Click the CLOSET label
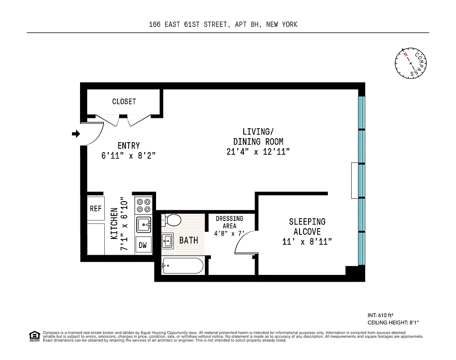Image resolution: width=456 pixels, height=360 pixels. (x=124, y=102)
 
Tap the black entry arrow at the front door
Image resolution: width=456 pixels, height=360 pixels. (x=76, y=134)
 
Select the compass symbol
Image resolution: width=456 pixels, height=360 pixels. (x=411, y=63)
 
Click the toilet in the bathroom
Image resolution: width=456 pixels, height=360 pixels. (x=171, y=220)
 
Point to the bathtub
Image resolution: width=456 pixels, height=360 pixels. (x=183, y=266)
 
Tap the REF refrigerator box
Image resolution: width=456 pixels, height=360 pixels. (x=96, y=208)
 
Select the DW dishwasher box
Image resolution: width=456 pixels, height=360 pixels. (x=143, y=245)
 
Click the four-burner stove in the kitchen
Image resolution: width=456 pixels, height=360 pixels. (x=143, y=206)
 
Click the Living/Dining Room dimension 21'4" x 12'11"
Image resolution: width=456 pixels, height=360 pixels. (x=258, y=152)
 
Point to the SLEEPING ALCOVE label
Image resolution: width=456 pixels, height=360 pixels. (x=307, y=226)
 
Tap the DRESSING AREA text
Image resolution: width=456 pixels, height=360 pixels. (x=229, y=222)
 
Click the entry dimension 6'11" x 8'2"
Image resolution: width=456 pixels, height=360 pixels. (x=129, y=156)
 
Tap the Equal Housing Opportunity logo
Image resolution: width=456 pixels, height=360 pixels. (x=34, y=335)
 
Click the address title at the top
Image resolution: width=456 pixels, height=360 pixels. (x=223, y=24)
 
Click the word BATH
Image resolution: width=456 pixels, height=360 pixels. (x=188, y=240)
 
